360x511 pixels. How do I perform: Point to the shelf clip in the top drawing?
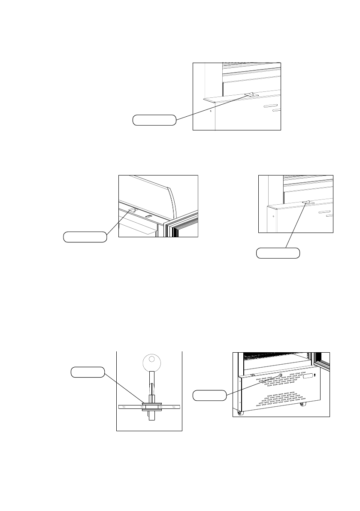250,94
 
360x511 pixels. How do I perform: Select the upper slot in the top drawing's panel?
270,106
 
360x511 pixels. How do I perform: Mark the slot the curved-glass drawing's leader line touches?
133,210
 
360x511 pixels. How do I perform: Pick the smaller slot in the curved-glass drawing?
148,216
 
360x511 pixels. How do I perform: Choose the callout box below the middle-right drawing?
278,253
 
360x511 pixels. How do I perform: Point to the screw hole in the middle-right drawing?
273,216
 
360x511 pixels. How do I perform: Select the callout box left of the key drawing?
88,372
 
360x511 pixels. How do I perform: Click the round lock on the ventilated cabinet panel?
281,375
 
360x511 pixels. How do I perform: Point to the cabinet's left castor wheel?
240,413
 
